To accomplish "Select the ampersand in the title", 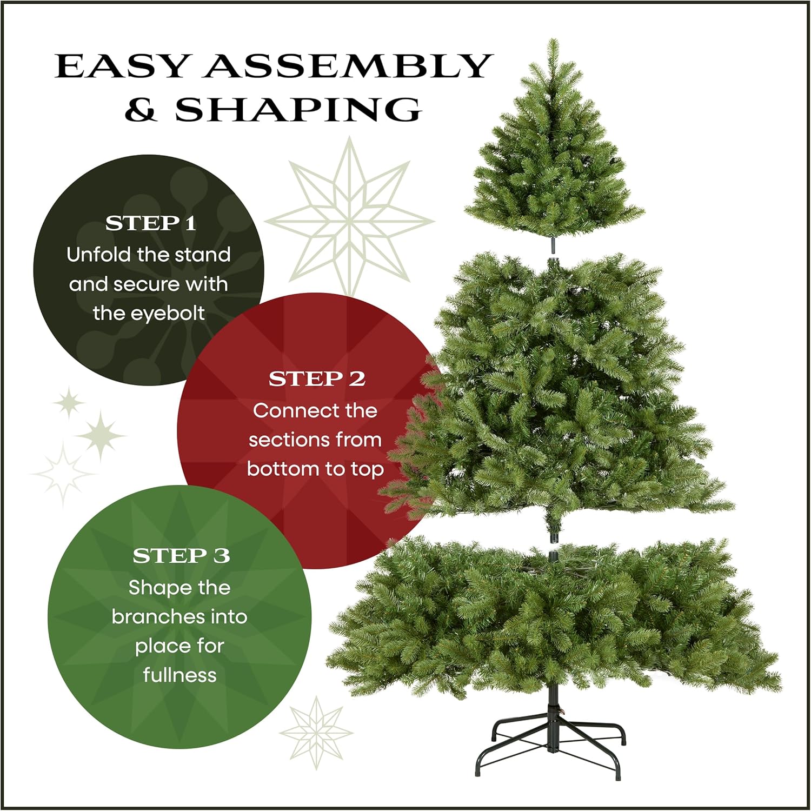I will pos(141,110).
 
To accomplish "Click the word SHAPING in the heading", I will pos(298,110).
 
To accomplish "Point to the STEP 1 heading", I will pos(150,223).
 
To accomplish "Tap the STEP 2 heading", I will pos(317,379).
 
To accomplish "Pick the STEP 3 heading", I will pos(181,556).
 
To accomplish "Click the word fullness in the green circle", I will pos(180,675).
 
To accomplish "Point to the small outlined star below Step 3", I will pos(316,733).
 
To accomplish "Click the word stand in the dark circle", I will pos(203,254).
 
